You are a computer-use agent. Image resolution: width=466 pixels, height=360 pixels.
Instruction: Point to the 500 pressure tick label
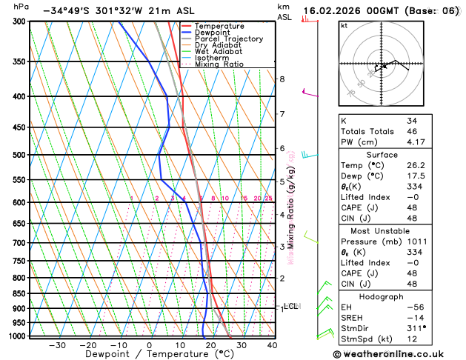click(x=20, y=155)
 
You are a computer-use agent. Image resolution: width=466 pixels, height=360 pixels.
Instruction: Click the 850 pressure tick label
click(x=20, y=293)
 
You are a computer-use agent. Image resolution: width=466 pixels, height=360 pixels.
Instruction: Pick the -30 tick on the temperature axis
click(x=57, y=345)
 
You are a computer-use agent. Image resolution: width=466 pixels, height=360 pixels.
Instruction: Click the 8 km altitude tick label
click(x=282, y=79)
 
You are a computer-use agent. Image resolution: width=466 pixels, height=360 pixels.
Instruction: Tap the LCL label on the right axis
click(x=290, y=305)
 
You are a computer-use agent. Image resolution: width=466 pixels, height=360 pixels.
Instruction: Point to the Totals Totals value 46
click(x=411, y=130)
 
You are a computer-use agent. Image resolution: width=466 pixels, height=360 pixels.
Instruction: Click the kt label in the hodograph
click(x=344, y=25)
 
